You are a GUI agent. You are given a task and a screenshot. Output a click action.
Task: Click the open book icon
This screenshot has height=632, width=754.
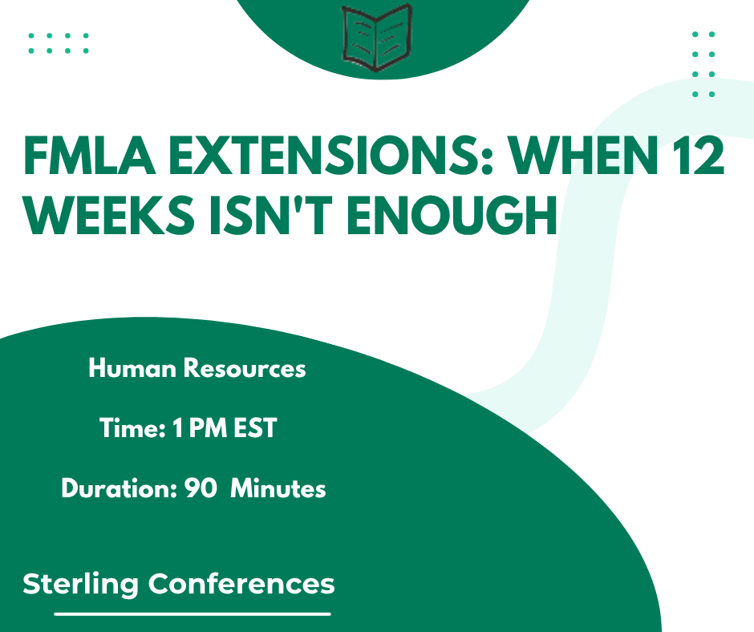[x=377, y=38]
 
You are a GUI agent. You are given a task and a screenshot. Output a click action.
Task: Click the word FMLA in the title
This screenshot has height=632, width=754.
[x=90, y=156]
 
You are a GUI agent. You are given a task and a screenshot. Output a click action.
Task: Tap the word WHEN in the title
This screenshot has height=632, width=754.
[x=583, y=156]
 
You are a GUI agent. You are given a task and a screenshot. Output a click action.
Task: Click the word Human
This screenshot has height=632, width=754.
[x=132, y=368]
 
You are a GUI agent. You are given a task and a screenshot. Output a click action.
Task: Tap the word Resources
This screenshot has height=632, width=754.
[x=245, y=368]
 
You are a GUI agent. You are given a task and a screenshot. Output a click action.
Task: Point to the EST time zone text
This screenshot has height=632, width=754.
[x=255, y=427]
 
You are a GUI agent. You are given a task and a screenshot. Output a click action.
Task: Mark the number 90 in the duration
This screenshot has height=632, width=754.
[x=201, y=488]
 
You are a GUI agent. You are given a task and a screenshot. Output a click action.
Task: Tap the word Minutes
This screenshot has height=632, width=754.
[x=278, y=488]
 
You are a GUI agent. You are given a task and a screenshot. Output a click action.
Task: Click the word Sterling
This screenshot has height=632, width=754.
[x=80, y=585]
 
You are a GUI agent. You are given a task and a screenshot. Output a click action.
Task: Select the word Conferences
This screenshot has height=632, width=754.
[x=241, y=584]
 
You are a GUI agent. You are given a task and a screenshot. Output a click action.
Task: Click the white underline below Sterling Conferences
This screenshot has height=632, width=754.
[x=193, y=614]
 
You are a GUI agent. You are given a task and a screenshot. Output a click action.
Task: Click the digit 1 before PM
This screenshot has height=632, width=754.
[x=178, y=427]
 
